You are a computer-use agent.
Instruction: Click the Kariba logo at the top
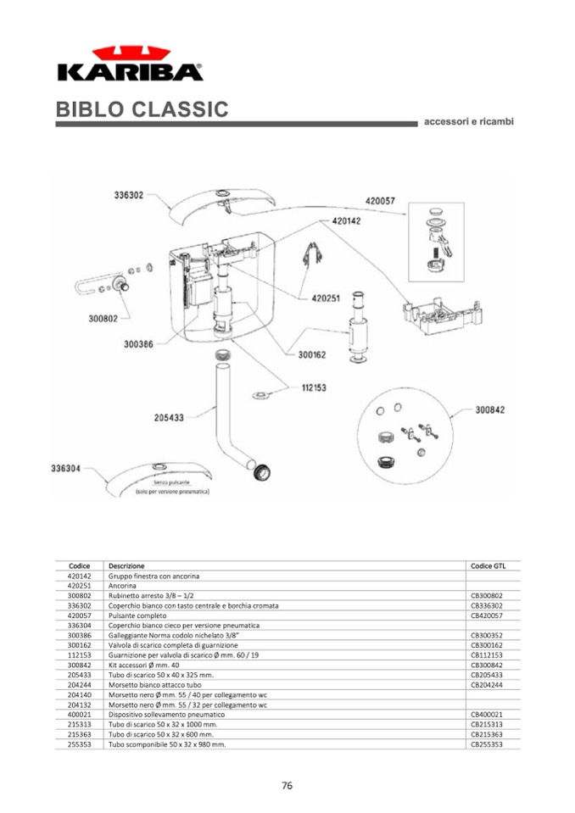pyautogui.click(x=130, y=64)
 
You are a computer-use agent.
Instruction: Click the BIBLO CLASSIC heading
pyautogui.click(x=142, y=109)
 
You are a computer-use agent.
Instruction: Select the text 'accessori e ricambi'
pyautogui.click(x=468, y=121)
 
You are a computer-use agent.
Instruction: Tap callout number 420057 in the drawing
pyautogui.click(x=380, y=201)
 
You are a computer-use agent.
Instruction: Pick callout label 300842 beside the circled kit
pyautogui.click(x=489, y=409)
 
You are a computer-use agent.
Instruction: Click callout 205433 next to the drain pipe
pyautogui.click(x=169, y=416)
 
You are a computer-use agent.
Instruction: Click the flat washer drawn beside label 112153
pyautogui.click(x=261, y=395)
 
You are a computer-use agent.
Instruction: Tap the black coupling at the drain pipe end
pyautogui.click(x=265, y=471)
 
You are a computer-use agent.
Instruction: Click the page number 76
pyautogui.click(x=287, y=785)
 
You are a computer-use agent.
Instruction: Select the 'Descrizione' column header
pyautogui.click(x=126, y=565)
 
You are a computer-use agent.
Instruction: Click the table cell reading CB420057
pyautogui.click(x=487, y=615)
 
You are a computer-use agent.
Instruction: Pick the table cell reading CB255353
pyautogui.click(x=487, y=744)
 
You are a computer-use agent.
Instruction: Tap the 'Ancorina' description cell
pyautogui.click(x=122, y=586)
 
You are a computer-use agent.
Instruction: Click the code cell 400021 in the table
pyautogui.click(x=79, y=715)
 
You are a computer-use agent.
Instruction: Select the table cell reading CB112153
pyautogui.click(x=487, y=655)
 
